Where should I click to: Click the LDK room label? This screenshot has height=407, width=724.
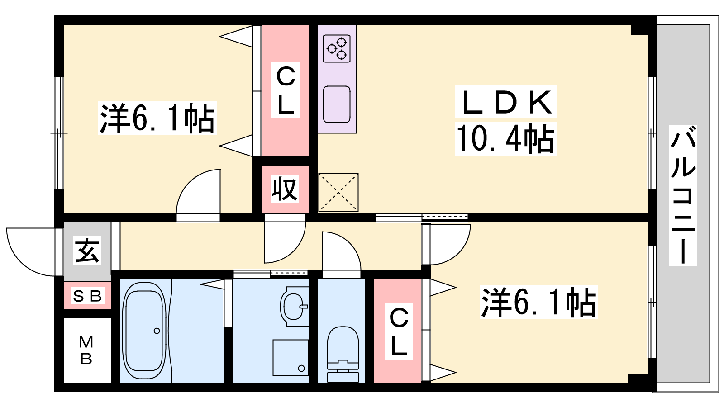pos(506,102)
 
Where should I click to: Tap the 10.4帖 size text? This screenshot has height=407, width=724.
pos(505,139)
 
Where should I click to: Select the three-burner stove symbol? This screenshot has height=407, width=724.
pos(337,48)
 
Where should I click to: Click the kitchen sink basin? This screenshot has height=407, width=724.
pos(337,104)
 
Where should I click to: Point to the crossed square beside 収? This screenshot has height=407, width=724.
pos(338,192)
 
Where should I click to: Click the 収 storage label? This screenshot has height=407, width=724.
pos(285,189)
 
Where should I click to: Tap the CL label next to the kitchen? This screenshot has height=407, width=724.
pos(286,90)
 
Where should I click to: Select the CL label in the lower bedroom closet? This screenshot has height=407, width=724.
pos(399,331)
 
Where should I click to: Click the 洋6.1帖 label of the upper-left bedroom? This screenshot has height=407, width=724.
pos(157,118)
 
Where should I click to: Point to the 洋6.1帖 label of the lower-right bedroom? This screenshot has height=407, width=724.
pos(538,303)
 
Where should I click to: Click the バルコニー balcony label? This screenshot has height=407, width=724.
pos(683,195)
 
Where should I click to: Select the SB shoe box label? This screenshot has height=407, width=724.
pos(87,296)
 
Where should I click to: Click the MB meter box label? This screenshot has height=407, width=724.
pos(86,350)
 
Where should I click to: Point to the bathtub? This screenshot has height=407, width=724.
pos(144,330)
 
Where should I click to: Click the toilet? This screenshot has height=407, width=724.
pos(343,353)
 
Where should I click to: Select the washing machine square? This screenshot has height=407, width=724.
pos(291,357)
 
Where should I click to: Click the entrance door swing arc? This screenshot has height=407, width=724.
pos(32,253)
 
